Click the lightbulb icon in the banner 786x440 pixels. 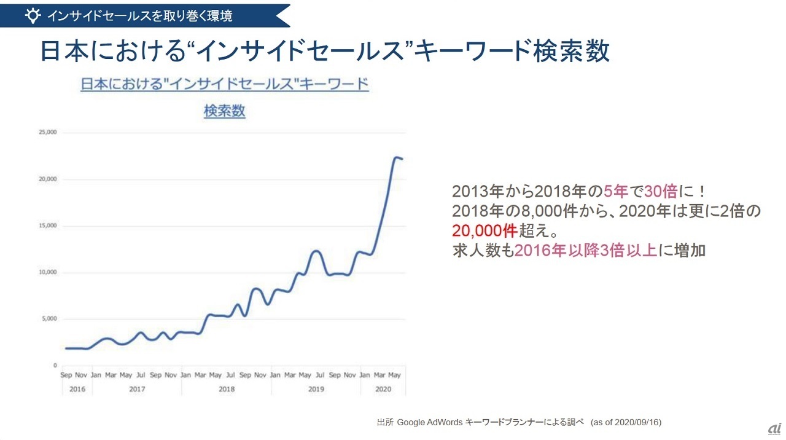(x=33, y=15)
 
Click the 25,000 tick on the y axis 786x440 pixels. (x=48, y=132)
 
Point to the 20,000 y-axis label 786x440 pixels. (x=48, y=179)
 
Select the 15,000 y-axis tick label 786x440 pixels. (x=48, y=226)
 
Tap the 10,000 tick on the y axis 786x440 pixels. (x=48, y=272)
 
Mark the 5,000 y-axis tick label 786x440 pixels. (x=49, y=319)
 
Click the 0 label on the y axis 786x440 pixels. (x=55, y=366)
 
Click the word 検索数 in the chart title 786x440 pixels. (x=224, y=111)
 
